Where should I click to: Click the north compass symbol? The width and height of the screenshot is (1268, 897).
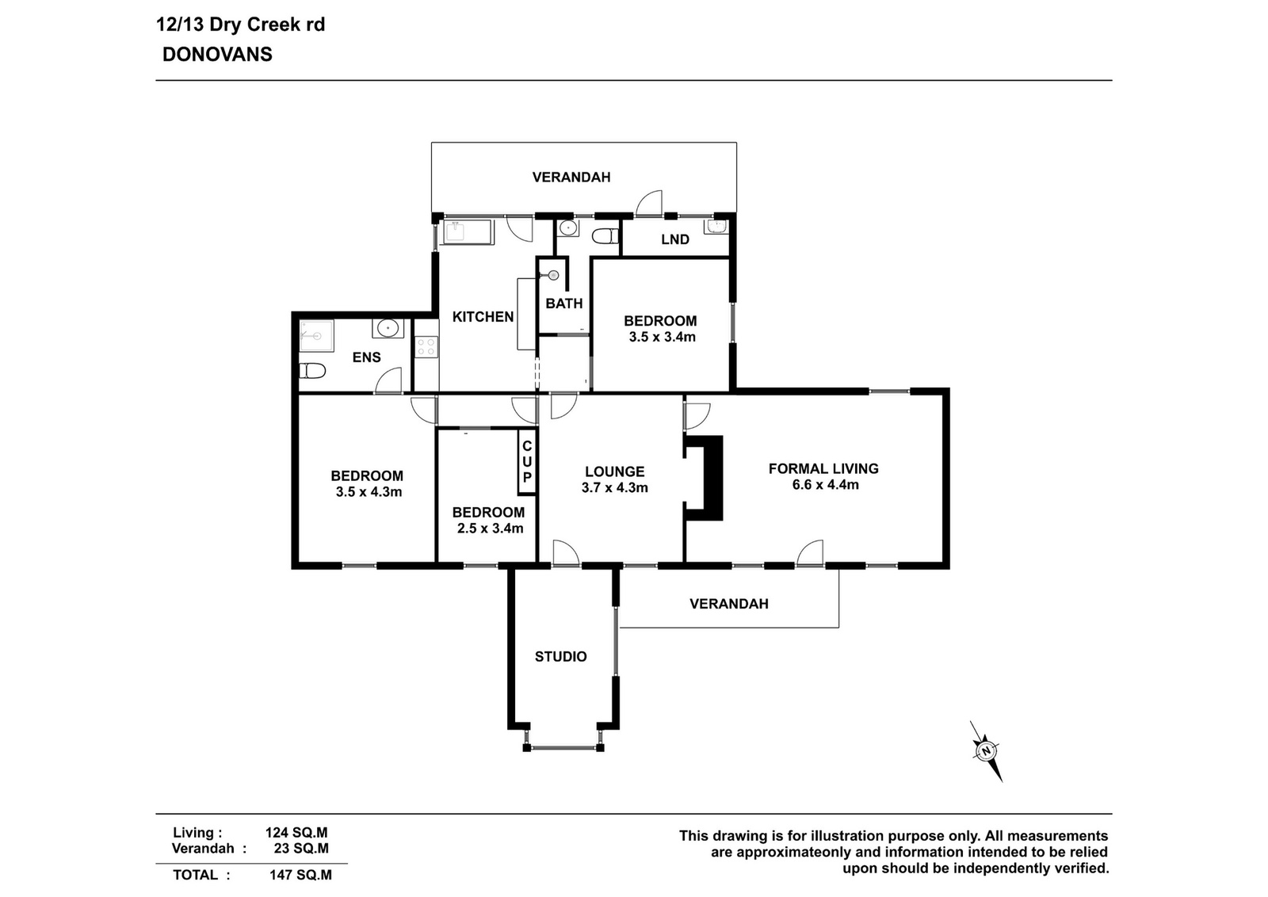(x=987, y=751)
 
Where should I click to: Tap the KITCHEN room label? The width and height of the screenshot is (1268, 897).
(x=483, y=317)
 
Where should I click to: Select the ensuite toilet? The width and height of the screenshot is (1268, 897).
(x=312, y=371)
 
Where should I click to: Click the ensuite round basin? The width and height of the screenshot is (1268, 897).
(x=388, y=328)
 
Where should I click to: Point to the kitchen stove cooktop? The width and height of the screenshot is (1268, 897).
(x=426, y=347)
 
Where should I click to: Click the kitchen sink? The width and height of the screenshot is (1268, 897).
(x=468, y=233)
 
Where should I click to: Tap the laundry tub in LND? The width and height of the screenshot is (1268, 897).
(x=716, y=227)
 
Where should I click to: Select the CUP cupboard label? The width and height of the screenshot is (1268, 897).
(x=527, y=462)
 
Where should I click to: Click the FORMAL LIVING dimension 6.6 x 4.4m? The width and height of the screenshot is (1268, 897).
(x=825, y=485)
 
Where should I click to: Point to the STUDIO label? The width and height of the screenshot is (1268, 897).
(x=561, y=656)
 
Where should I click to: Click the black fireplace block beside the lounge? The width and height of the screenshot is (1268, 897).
(x=705, y=478)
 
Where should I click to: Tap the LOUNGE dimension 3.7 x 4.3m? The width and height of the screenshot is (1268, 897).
(x=615, y=488)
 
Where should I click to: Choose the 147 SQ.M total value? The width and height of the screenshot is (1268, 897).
(x=300, y=875)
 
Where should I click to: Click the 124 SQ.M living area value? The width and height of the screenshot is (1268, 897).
(x=296, y=833)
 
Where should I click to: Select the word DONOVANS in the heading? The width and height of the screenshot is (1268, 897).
(x=217, y=55)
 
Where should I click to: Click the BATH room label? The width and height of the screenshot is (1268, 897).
(x=564, y=304)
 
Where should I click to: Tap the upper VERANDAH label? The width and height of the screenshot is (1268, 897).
(x=571, y=177)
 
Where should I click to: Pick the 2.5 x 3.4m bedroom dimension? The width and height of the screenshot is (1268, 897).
(x=491, y=529)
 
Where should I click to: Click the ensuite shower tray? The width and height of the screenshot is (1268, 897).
(x=316, y=336)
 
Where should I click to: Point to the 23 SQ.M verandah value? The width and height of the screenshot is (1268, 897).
(x=301, y=849)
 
